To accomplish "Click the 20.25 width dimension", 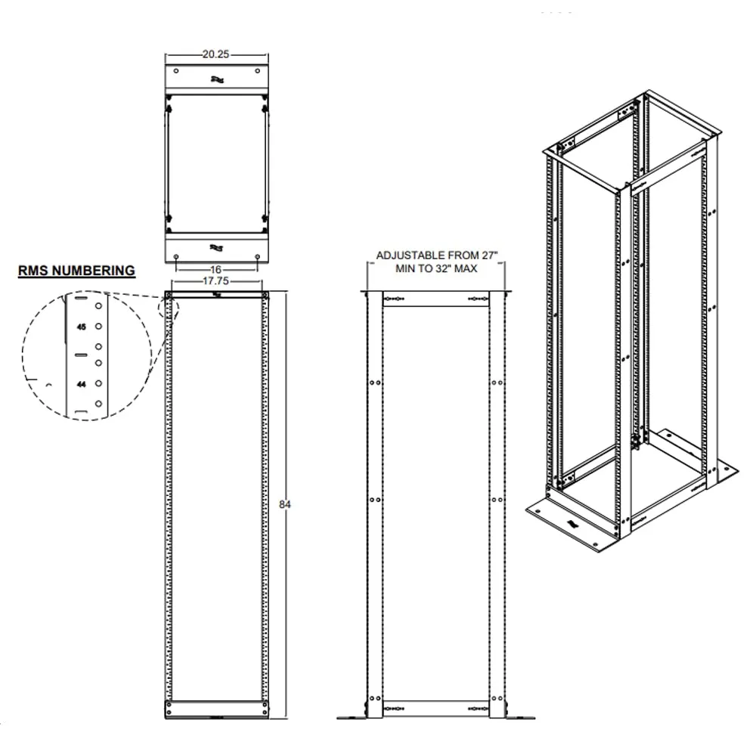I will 216,54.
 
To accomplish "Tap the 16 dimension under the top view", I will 217,269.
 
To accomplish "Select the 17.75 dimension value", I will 217,280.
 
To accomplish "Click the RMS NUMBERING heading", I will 77,270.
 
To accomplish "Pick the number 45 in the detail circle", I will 82,327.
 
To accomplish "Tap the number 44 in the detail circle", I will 82,384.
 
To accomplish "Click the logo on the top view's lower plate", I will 217,246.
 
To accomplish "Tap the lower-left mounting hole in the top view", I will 176,257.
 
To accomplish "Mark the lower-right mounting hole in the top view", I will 258,257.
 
